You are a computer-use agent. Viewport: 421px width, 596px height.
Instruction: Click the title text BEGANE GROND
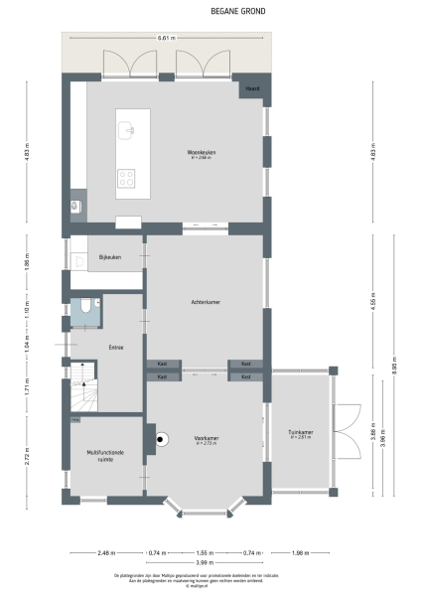(210, 13)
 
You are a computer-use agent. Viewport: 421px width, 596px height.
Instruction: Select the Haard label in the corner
(253, 89)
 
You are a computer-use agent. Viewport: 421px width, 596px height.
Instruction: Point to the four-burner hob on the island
(126, 179)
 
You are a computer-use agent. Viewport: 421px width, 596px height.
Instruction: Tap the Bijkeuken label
(109, 257)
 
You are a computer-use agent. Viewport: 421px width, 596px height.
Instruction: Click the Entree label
(116, 347)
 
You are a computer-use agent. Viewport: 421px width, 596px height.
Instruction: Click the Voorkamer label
(207, 438)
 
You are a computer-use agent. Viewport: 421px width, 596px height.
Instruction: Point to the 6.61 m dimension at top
(166, 38)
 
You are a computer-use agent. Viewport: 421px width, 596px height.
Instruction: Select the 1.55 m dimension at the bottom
(205, 551)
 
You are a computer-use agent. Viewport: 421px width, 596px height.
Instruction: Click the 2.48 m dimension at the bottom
(106, 551)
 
